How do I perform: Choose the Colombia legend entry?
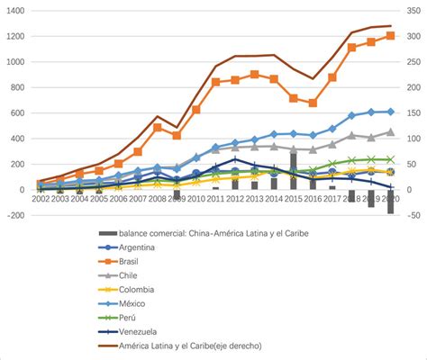(138, 290)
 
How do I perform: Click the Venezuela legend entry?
(139, 333)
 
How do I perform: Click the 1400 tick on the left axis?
(16, 11)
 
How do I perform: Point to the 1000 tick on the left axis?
(16, 62)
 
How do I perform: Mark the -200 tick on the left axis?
(16, 215)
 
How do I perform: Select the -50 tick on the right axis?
(413, 215)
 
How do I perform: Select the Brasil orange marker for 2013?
(255, 75)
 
